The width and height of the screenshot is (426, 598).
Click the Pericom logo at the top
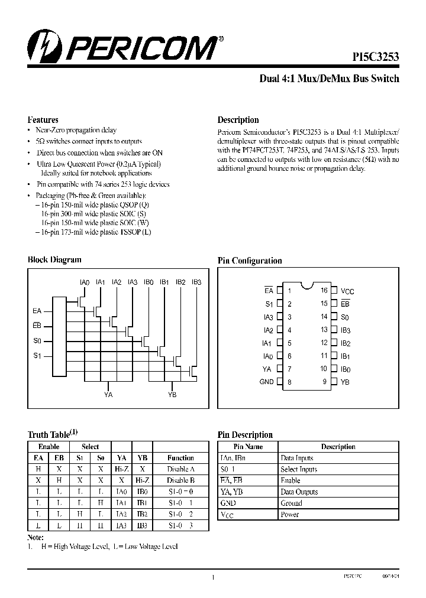coord(121,47)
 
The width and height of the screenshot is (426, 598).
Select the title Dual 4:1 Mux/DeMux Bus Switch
coord(330,79)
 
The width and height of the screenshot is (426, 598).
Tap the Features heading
coord(43,119)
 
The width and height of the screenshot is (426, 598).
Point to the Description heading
coord(238,119)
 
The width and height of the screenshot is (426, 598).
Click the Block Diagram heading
coord(54,259)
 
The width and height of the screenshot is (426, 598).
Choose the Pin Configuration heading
coord(250,261)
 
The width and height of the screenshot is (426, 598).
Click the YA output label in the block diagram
coord(108,395)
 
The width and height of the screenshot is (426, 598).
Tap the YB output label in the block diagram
coord(172,395)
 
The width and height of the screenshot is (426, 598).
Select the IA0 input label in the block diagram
coord(84,282)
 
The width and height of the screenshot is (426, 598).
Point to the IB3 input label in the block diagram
coord(196,282)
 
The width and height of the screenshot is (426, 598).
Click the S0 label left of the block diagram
coord(37,341)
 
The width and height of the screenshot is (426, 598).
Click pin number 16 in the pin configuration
coord(324,291)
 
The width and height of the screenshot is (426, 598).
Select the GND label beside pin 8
coord(267,382)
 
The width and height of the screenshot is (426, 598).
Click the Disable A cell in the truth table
coord(180,469)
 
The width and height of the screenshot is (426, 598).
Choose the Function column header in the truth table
coord(180,458)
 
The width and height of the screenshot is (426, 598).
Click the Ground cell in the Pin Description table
coord(291,503)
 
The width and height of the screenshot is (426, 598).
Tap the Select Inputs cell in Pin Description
coord(299,469)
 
